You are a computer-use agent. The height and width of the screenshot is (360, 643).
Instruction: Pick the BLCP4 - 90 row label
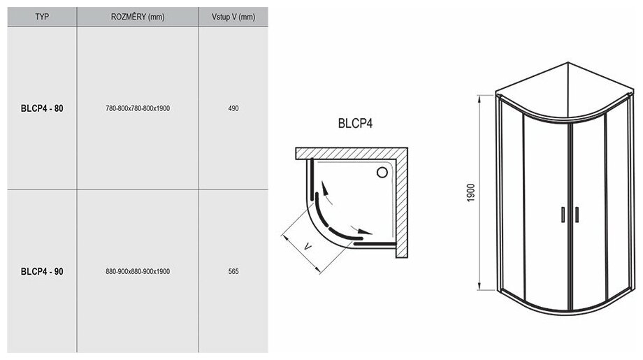point(43,271)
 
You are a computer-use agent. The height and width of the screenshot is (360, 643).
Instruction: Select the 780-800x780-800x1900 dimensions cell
point(138,108)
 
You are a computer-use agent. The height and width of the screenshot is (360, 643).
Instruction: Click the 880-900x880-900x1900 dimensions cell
point(138,271)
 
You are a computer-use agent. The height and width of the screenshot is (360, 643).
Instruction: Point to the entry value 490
point(233,108)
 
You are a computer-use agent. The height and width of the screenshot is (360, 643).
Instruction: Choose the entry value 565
point(233,271)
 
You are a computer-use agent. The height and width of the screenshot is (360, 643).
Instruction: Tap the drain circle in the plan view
point(384,171)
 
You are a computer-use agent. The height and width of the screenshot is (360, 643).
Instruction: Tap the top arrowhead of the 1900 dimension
point(479,99)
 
